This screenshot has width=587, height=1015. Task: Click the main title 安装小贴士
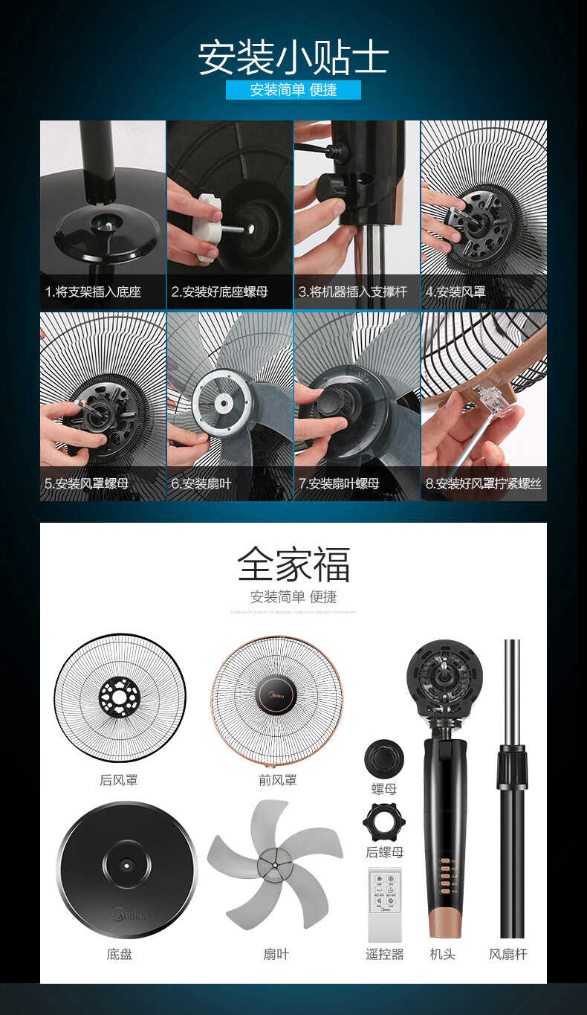pyautogui.click(x=293, y=58)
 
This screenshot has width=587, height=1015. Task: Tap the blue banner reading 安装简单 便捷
pyautogui.click(x=293, y=90)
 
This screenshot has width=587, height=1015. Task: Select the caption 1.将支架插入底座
pyautogui.click(x=94, y=292)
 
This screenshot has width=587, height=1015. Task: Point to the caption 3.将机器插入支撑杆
pyautogui.click(x=353, y=292)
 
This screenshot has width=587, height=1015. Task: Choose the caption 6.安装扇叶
pyautogui.click(x=201, y=483)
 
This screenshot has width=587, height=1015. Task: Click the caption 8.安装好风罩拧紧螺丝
pyautogui.click(x=483, y=483)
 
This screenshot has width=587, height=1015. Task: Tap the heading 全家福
pyautogui.click(x=293, y=564)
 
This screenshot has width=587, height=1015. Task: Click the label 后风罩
pyautogui.click(x=119, y=780)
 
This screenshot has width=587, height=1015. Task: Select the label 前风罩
pyautogui.click(x=277, y=780)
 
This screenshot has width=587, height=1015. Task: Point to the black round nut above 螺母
pyautogui.click(x=384, y=758)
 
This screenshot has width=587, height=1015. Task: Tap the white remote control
pyautogui.click(x=384, y=904)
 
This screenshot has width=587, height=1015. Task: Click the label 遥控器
pyautogui.click(x=384, y=954)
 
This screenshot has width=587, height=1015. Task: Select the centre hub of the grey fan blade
pyautogui.click(x=274, y=864)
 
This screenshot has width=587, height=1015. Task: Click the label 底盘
pyautogui.click(x=119, y=954)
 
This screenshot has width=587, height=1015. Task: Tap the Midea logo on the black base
pyautogui.click(x=129, y=913)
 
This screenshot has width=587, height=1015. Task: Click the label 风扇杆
pyautogui.click(x=508, y=954)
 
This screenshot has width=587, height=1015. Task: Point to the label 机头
pyautogui.click(x=442, y=954)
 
